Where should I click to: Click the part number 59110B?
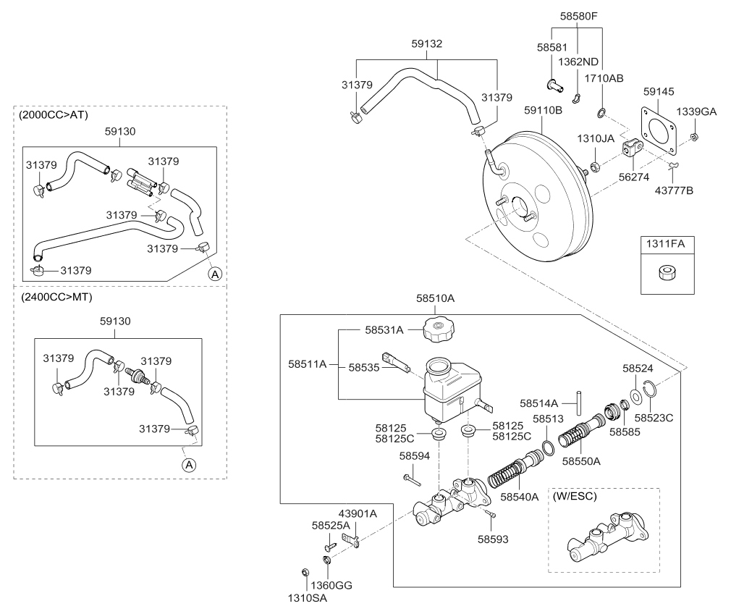coord(543,111)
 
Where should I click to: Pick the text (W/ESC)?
coord(578,497)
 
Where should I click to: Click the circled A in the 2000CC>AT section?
coord(214,274)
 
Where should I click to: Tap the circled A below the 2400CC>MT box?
coord(188,465)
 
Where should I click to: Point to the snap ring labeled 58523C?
coord(651,394)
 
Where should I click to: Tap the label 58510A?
coord(436,298)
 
